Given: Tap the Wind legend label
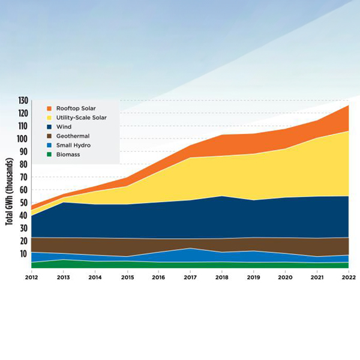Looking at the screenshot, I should tap(64, 127).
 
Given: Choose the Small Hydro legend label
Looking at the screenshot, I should tap(73, 145).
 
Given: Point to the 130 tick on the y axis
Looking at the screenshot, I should tap(22, 100).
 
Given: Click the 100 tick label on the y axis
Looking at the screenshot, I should tap(22, 139).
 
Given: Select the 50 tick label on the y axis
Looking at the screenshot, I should tap(24, 203).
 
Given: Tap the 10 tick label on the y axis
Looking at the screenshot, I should tap(24, 254).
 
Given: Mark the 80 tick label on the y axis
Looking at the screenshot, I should tap(24, 164).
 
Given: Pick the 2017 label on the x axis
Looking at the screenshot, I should tap(190, 278).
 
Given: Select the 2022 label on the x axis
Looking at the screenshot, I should tap(348, 278).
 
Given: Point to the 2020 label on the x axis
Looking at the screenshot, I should tap(284, 278).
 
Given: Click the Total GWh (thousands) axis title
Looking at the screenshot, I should tap(10, 191).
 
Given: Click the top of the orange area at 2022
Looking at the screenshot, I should tap(348, 106).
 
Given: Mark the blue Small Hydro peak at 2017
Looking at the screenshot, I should tap(190, 248).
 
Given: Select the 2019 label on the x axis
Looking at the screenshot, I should tap(253, 278).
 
